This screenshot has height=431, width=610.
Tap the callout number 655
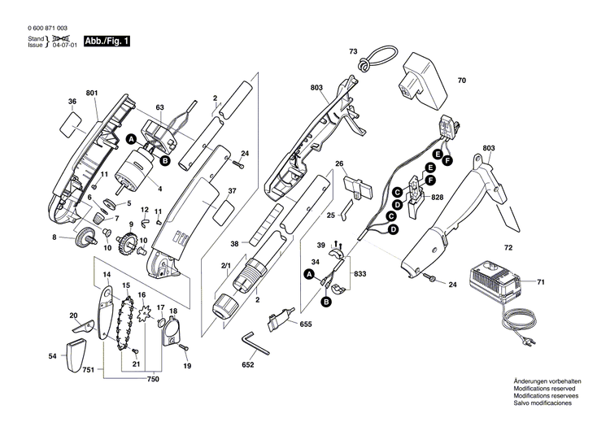point(306,324)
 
